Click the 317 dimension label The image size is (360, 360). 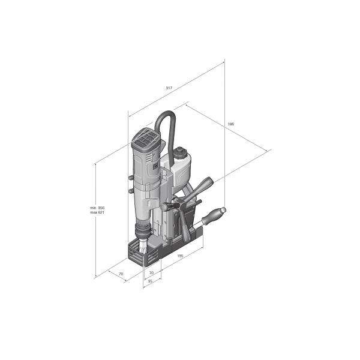[x=169, y=88]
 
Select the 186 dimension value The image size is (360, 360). [x=231, y=124]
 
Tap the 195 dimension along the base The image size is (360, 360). [x=181, y=256]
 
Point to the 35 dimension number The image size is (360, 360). [x=151, y=281]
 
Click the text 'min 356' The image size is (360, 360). [x=97, y=208]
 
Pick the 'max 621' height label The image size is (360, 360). [x=97, y=212]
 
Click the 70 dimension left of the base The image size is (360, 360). [x=121, y=274]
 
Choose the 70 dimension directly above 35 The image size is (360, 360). [x=151, y=273]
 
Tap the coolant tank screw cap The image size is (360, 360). [x=181, y=152]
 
